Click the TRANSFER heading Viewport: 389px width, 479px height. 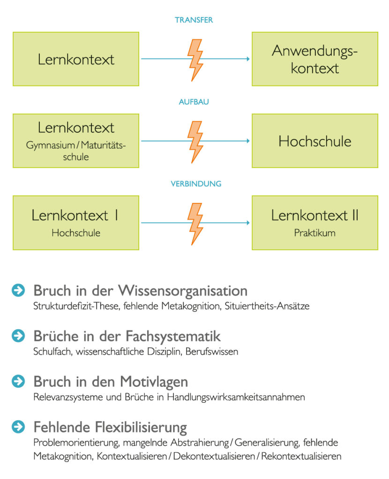194,20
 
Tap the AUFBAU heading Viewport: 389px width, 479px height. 194,102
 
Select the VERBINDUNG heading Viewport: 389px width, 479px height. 196,184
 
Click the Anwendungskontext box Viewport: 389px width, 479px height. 315,59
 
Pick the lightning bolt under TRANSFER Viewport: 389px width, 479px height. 195,60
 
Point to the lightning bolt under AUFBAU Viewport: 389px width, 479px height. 195,142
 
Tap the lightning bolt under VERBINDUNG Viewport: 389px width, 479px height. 195,224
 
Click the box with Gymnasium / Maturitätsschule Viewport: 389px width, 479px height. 76,141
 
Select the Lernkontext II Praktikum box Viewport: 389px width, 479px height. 315,223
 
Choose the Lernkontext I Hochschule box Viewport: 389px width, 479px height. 76,223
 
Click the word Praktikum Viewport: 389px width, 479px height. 314,233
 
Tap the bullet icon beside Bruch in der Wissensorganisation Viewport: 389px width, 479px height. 18,290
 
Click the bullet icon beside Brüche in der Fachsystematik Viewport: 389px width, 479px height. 18,336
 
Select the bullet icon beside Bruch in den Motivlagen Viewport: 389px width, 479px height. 18,381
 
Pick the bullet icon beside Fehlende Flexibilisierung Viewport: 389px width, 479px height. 18,427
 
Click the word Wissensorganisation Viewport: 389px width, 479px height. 183,291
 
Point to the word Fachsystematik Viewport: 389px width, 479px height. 173,336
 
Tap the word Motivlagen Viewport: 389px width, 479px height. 154,382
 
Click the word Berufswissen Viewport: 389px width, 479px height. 212,352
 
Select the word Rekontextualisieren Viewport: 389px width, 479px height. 301,457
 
